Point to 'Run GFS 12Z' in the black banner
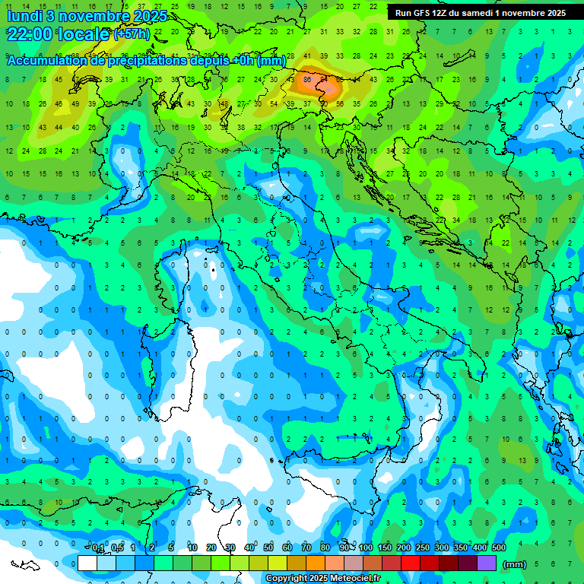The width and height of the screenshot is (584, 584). (x=421, y=13)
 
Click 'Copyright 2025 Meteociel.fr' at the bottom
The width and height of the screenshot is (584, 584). (x=323, y=579)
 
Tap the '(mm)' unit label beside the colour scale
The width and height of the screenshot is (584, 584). (x=515, y=564)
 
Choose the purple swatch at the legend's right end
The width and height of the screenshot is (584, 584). (x=487, y=563)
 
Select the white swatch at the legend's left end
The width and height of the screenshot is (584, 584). (x=87, y=563)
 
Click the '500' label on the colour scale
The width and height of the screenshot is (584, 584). (x=499, y=548)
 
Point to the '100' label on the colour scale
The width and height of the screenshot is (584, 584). (x=366, y=548)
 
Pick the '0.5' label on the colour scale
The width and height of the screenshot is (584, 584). (x=117, y=548)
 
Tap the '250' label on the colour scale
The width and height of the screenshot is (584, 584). (x=423, y=548)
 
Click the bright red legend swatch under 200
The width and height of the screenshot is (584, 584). (x=411, y=563)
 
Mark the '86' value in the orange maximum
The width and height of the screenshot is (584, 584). (x=307, y=78)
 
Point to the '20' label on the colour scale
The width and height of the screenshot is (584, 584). (x=211, y=548)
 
